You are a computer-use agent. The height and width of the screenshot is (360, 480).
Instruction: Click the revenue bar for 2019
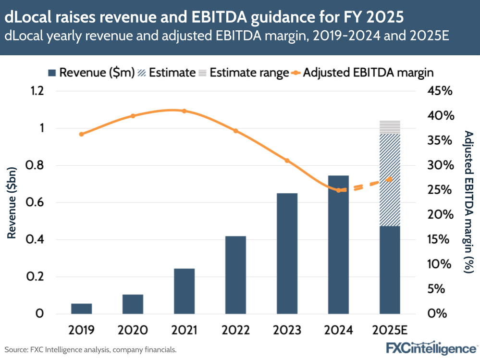pos(81,309)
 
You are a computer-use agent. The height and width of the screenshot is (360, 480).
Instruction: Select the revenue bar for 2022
pos(235,274)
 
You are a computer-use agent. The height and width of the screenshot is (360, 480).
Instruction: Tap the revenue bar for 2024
pos(338,244)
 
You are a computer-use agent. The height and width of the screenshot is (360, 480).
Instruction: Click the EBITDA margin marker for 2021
pos(185,111)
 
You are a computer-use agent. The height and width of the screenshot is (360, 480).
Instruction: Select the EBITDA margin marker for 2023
pos(287,161)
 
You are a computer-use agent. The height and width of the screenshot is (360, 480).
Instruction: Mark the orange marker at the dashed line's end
pos(390,179)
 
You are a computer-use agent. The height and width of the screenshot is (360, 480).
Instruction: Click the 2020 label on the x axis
pos(133,330)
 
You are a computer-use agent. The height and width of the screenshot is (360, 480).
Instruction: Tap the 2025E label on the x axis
pos(390,330)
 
